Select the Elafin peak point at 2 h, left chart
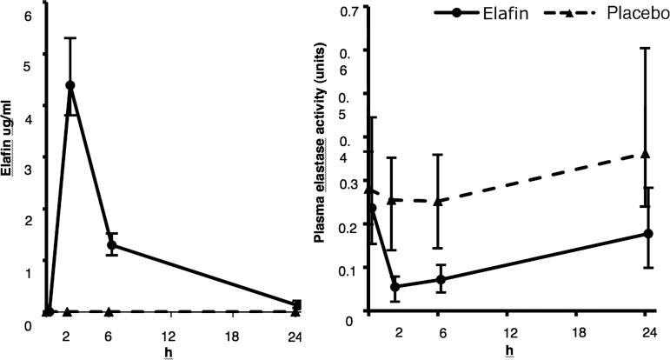(x=70, y=85)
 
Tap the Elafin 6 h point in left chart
(x=111, y=245)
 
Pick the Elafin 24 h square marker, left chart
(x=297, y=304)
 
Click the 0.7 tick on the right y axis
(x=350, y=12)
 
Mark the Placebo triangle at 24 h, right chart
(x=645, y=154)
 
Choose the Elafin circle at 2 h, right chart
(x=395, y=286)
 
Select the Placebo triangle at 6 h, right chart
(x=440, y=201)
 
